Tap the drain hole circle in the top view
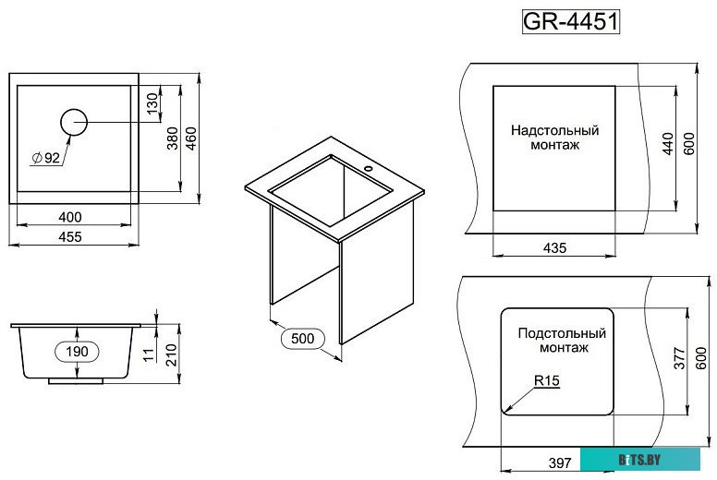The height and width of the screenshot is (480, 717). (x=74, y=121)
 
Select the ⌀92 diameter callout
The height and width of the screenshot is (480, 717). (x=45, y=158)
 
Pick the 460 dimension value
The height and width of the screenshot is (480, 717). (x=192, y=138)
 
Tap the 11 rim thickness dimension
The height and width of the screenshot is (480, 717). (x=149, y=354)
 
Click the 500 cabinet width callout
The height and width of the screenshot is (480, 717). (x=303, y=339)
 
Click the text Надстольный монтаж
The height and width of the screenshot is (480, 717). (x=555, y=138)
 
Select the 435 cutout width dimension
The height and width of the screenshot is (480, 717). (x=554, y=247)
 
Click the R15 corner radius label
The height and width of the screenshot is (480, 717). (x=546, y=380)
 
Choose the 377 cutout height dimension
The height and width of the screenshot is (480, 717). (x=677, y=360)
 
